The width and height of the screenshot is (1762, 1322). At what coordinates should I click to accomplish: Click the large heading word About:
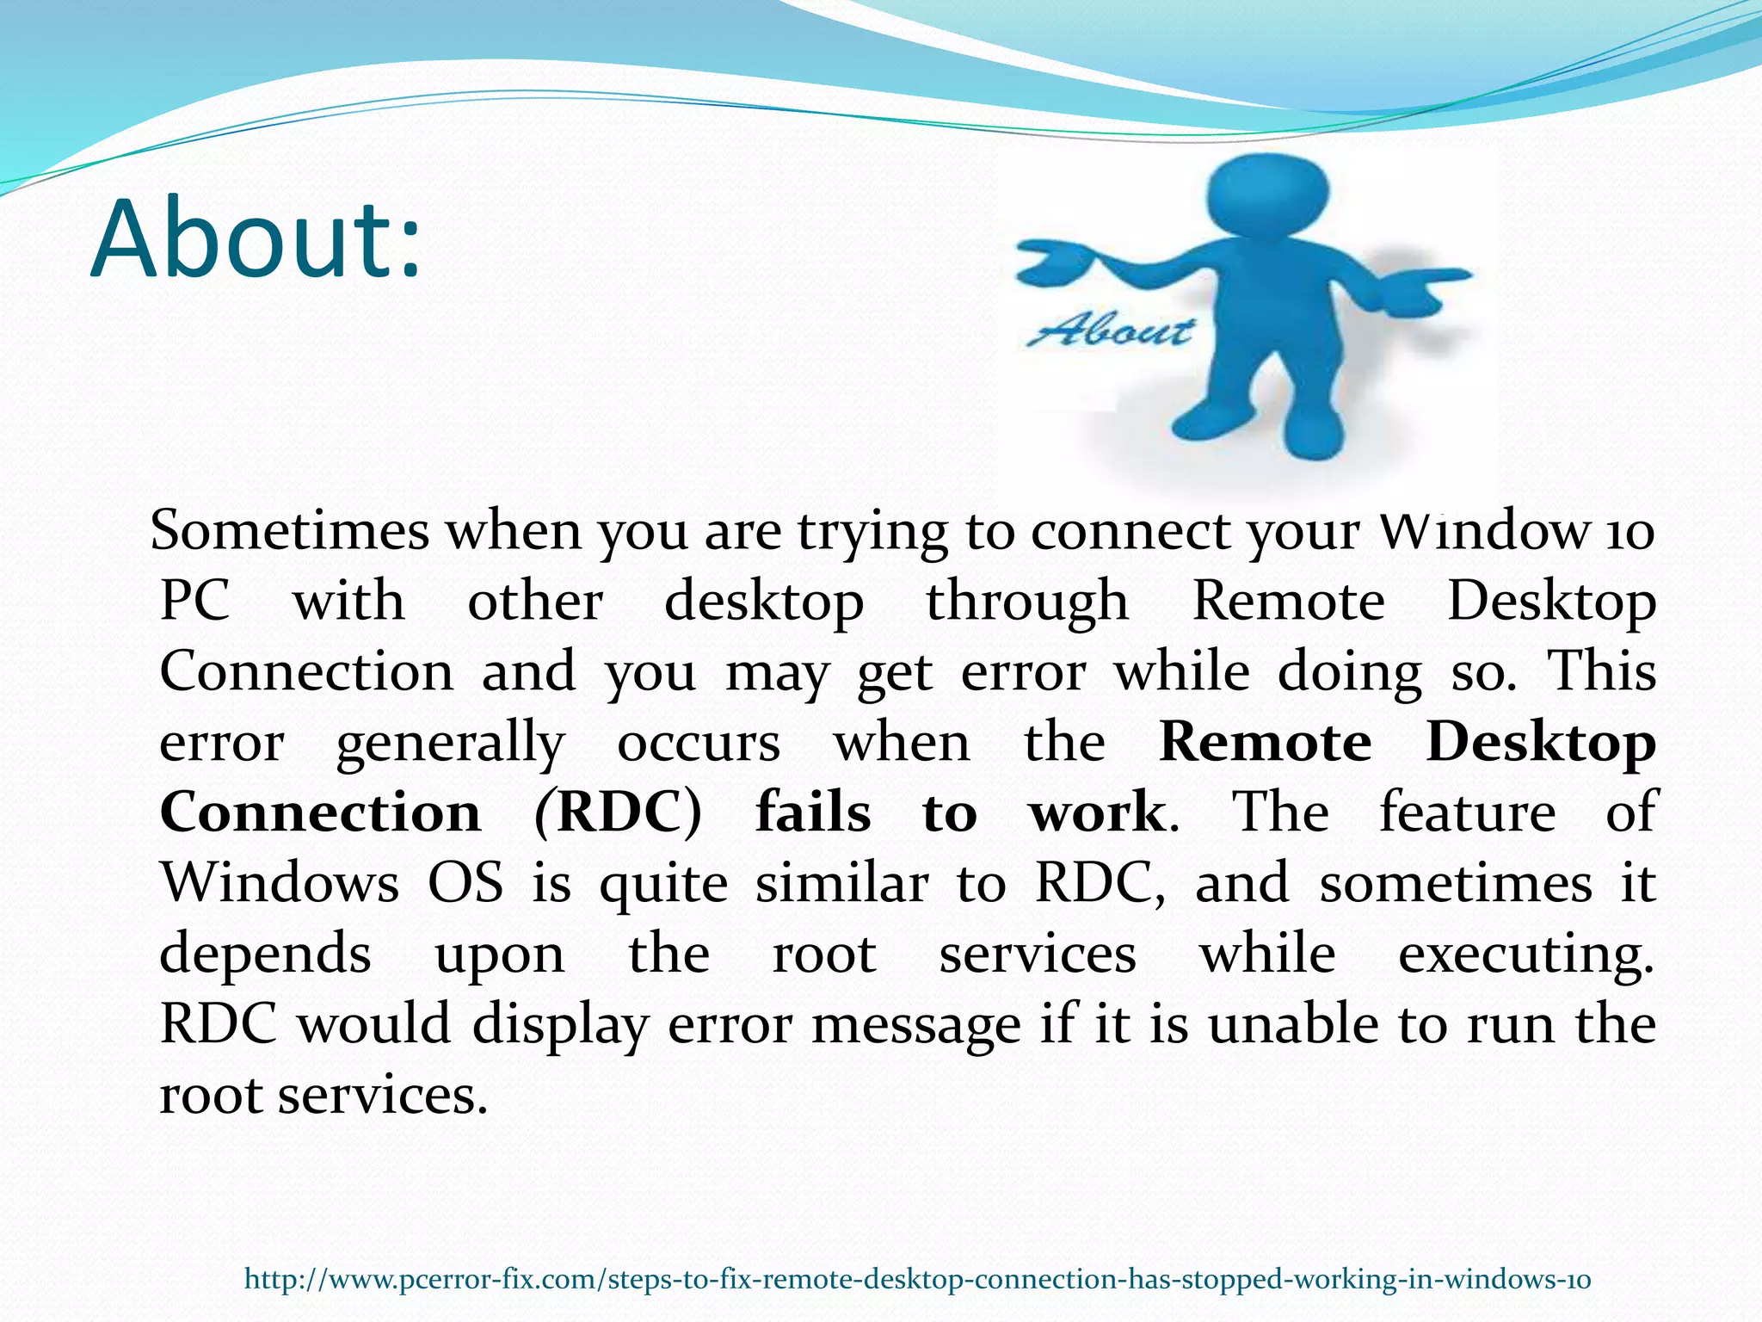click(x=256, y=239)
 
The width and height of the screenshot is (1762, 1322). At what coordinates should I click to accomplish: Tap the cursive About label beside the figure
click(x=1110, y=330)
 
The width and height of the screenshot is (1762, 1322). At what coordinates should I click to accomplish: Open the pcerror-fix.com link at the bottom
click(x=917, y=1279)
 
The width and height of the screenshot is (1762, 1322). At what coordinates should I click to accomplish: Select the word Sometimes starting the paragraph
click(x=290, y=530)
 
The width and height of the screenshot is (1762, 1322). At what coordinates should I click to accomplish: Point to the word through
click(x=1027, y=602)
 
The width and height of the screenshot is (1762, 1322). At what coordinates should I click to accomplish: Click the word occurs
click(x=699, y=743)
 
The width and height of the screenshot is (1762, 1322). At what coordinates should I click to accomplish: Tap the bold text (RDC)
click(x=618, y=813)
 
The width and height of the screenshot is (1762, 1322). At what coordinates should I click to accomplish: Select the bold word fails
click(x=813, y=813)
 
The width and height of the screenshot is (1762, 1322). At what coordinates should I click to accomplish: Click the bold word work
click(x=1097, y=813)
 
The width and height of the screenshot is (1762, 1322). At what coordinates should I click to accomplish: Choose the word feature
click(x=1468, y=813)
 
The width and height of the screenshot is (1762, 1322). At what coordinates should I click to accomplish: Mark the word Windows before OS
click(x=280, y=883)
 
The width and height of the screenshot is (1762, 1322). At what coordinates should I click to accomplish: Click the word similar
click(x=841, y=883)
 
